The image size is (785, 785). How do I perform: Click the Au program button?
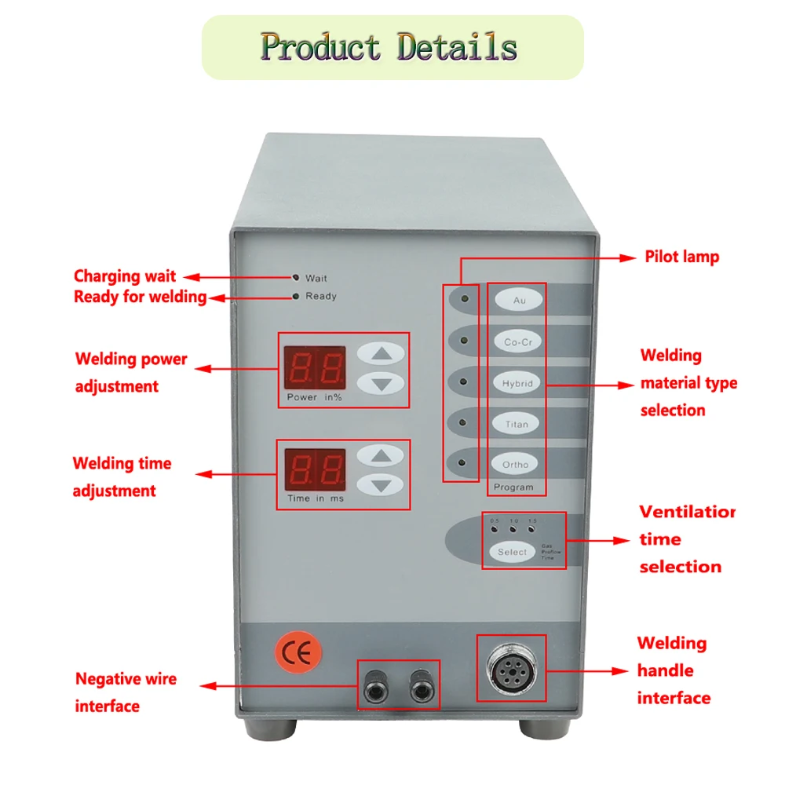(x=519, y=300)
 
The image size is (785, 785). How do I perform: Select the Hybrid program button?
(x=518, y=383)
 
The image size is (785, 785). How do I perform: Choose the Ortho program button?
(x=517, y=465)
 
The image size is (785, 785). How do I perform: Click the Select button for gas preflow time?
(x=513, y=552)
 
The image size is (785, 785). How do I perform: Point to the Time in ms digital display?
(x=314, y=469)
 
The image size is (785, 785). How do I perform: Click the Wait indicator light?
(x=296, y=277)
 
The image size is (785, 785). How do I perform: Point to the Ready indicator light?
(x=295, y=296)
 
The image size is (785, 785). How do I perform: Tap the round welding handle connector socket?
(x=512, y=668)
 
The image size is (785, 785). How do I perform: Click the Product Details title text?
(x=389, y=46)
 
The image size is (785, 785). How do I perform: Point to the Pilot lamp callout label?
(x=681, y=257)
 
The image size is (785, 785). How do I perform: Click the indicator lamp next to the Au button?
(x=465, y=299)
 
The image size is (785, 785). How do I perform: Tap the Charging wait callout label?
(x=125, y=276)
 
